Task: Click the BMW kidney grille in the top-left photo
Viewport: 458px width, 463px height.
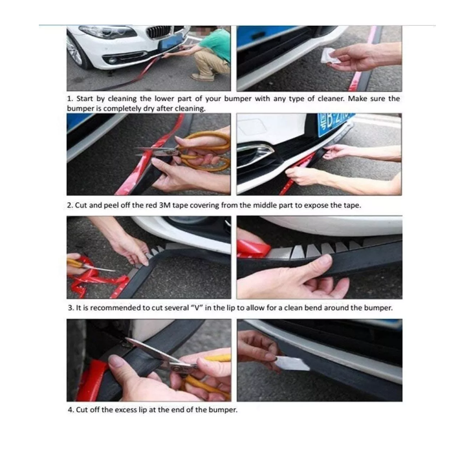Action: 158,32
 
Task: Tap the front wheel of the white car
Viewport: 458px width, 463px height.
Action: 76,51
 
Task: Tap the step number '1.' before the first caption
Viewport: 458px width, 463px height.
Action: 71,99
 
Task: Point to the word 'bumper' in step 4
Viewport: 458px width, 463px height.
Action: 221,410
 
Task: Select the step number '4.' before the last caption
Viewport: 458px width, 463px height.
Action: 71,410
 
